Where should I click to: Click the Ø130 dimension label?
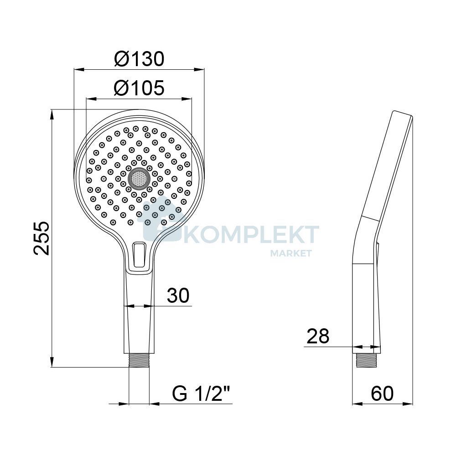click(139, 59)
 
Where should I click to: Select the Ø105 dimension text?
click(139, 88)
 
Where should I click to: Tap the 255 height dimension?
click(41, 238)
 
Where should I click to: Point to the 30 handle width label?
click(178, 295)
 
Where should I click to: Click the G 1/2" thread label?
click(201, 394)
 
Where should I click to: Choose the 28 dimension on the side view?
click(318, 336)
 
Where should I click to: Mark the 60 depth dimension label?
click(382, 394)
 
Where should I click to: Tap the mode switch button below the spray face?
click(139, 255)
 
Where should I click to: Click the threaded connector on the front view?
click(139, 361)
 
